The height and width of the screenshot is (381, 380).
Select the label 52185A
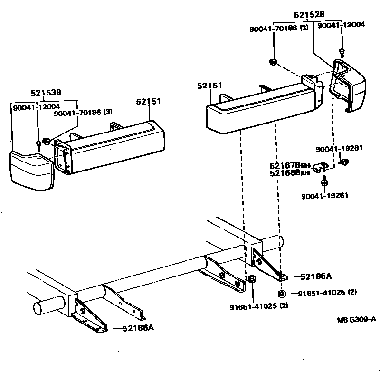(x=316, y=276)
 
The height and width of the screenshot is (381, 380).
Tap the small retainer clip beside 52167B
(x=323, y=166)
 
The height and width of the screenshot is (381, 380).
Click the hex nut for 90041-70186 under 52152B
(x=273, y=61)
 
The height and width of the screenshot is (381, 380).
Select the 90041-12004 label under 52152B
(x=341, y=25)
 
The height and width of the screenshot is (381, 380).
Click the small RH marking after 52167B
(x=306, y=165)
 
